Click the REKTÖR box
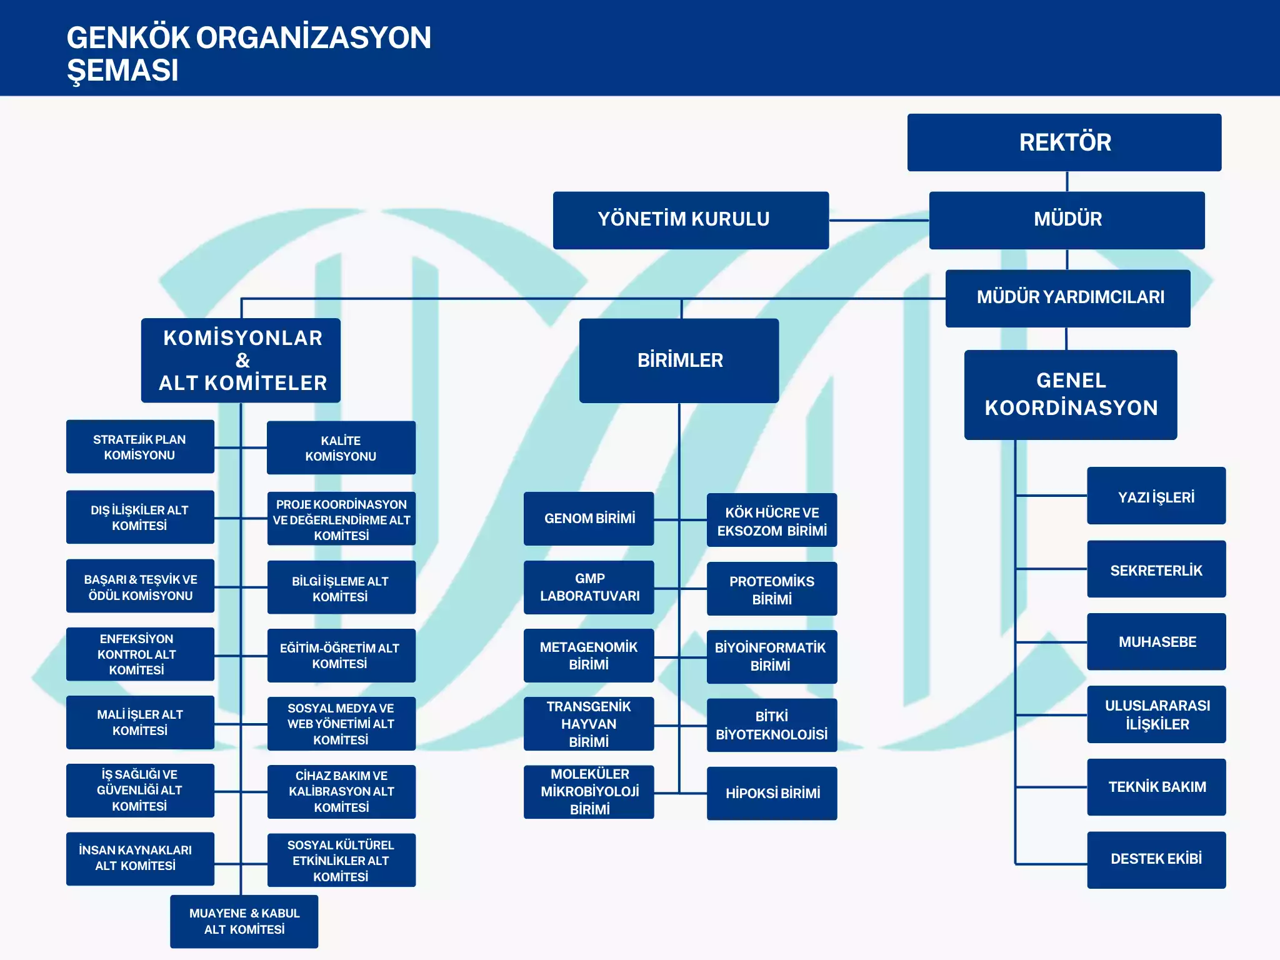(x=1064, y=142)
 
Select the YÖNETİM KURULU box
(x=691, y=220)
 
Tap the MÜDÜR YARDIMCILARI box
(x=1067, y=298)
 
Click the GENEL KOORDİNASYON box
(x=1070, y=394)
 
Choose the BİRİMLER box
(x=679, y=361)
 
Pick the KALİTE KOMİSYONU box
(x=341, y=448)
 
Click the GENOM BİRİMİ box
(x=589, y=519)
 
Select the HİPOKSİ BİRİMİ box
(x=772, y=793)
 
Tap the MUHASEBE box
(x=1156, y=642)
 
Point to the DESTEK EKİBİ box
(x=1156, y=859)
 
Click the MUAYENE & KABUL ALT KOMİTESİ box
(x=244, y=921)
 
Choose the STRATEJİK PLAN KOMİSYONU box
(x=140, y=447)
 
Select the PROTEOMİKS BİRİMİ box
(x=772, y=589)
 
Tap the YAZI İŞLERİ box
(x=1156, y=496)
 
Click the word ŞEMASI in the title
(x=122, y=70)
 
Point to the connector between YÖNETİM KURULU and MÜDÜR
(x=879, y=221)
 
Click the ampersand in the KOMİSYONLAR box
(x=242, y=361)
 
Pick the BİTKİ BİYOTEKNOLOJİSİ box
(x=772, y=725)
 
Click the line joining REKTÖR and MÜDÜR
(x=1067, y=181)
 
